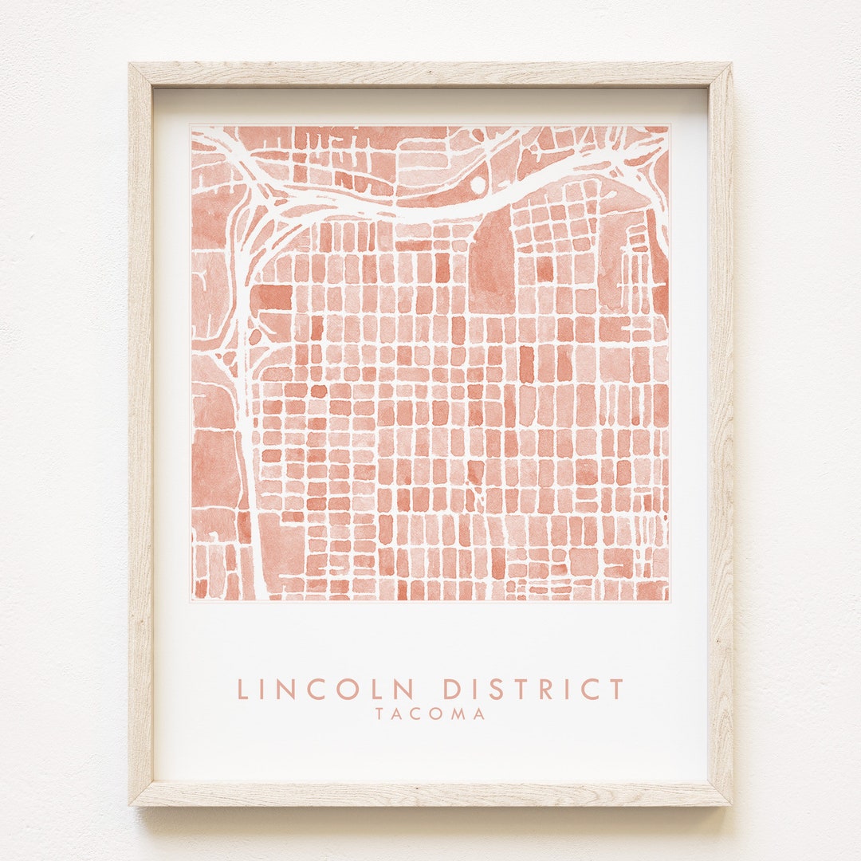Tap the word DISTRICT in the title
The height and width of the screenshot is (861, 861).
pos(533,689)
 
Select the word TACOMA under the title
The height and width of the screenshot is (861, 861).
pos(431,714)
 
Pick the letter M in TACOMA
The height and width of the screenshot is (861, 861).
pos(458,714)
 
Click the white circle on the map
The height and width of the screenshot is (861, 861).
pos(478,184)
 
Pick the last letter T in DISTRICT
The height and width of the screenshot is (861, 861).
pos(615,689)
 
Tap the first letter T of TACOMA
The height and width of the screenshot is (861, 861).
pos(381,714)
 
